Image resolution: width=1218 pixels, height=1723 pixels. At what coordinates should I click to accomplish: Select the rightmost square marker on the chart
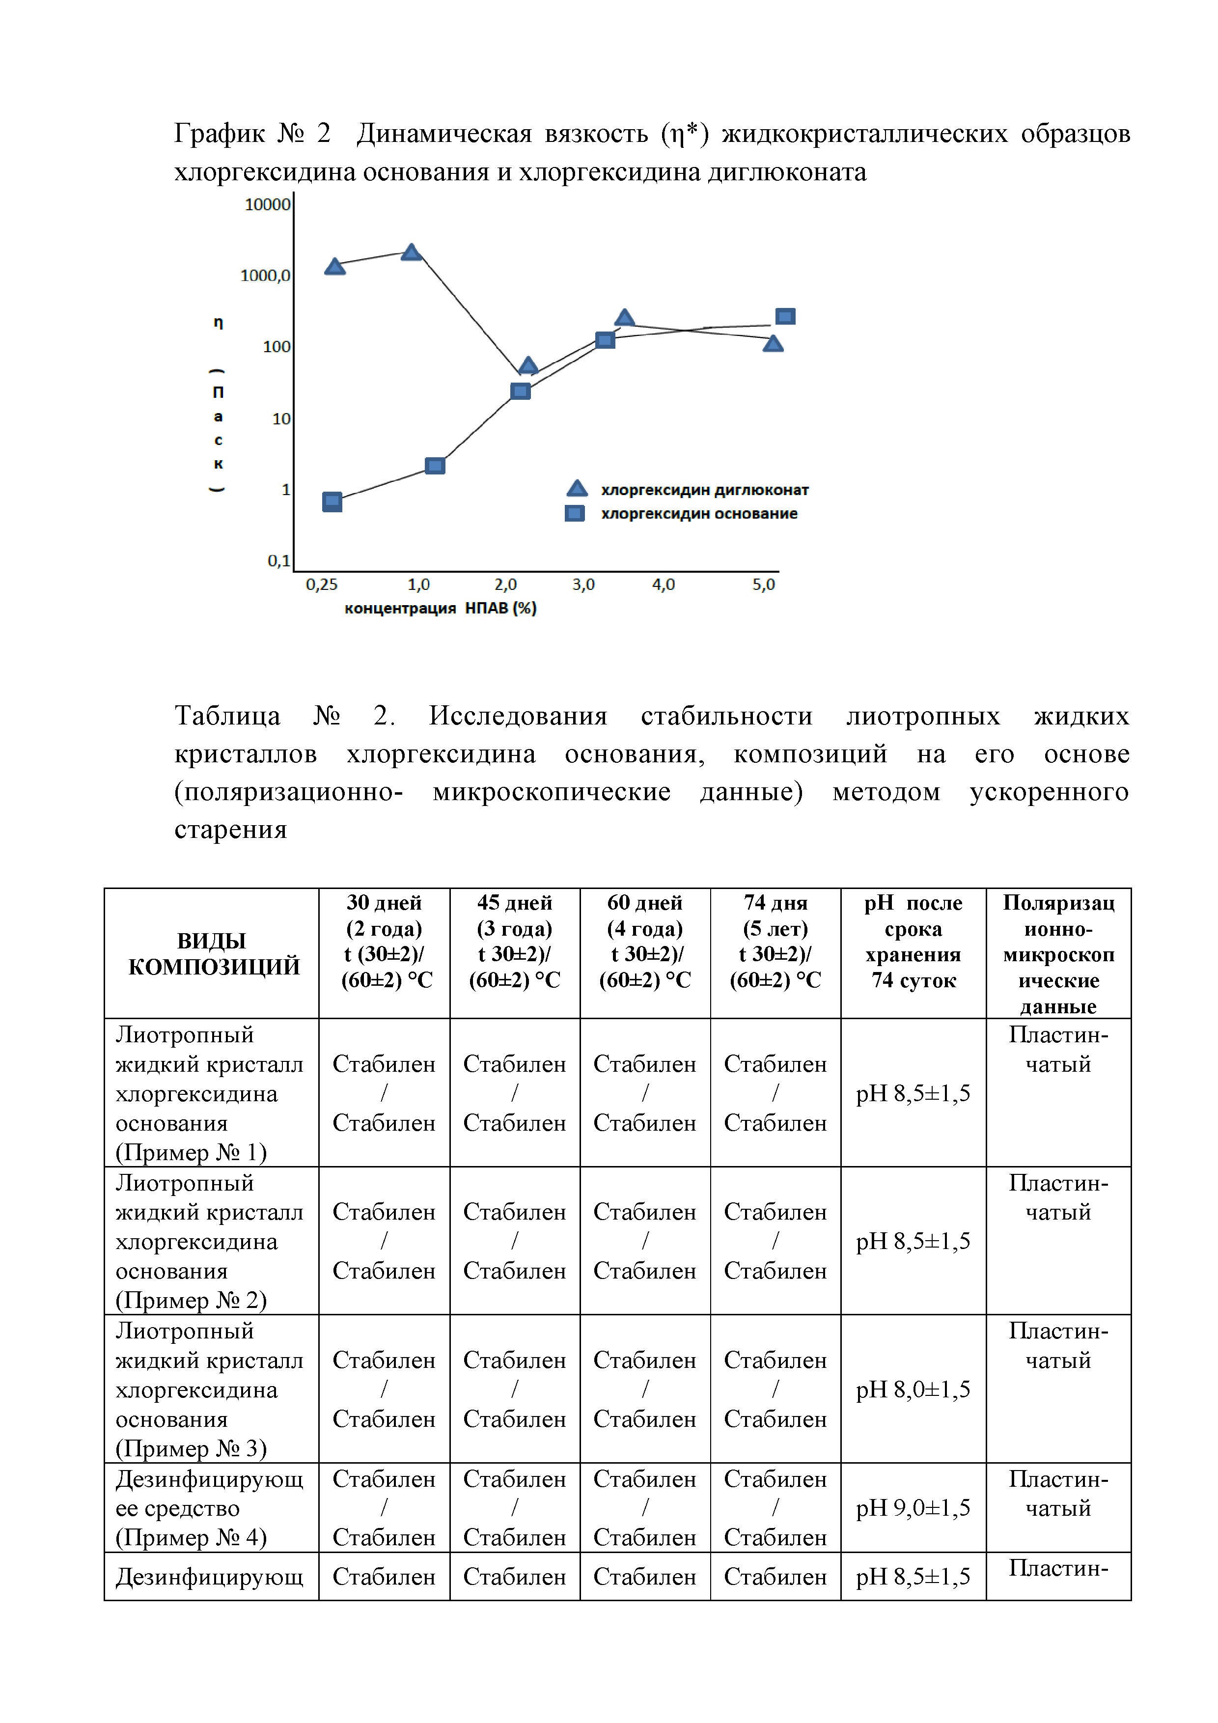point(785,317)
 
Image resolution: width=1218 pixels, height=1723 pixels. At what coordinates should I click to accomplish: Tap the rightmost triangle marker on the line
point(773,344)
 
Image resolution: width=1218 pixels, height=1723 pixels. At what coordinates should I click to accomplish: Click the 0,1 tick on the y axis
point(278,560)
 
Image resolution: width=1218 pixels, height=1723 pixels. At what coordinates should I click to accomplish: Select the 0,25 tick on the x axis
point(321,584)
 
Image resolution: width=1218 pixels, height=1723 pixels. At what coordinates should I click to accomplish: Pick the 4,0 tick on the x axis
point(664,584)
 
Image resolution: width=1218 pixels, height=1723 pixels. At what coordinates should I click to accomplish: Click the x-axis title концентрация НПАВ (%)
point(441,608)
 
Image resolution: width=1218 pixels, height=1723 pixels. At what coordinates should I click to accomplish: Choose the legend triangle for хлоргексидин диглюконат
point(577,489)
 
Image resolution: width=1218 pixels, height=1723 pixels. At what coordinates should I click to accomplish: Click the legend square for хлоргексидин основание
point(575,513)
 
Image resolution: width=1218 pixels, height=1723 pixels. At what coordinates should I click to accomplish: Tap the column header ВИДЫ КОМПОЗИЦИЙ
point(213,954)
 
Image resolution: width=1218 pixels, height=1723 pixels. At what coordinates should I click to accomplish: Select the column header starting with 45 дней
point(514,941)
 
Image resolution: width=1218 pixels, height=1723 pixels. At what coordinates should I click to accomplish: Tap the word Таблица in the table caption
point(227,716)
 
